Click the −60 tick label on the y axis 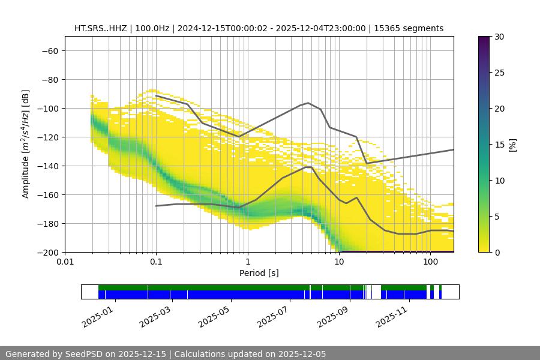[x=49, y=50]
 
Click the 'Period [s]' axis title [x=259, y=273]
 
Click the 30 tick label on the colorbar [x=499, y=37]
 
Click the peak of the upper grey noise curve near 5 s [x=308, y=103]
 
